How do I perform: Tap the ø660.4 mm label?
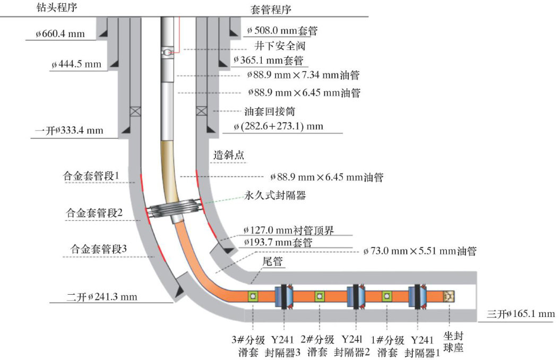pyautogui.click(x=61, y=34)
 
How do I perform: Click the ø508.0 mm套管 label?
pyautogui.click(x=283, y=30)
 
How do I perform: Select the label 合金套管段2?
pyautogui.click(x=94, y=213)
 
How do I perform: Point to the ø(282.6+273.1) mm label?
pyautogui.click(x=278, y=126)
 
